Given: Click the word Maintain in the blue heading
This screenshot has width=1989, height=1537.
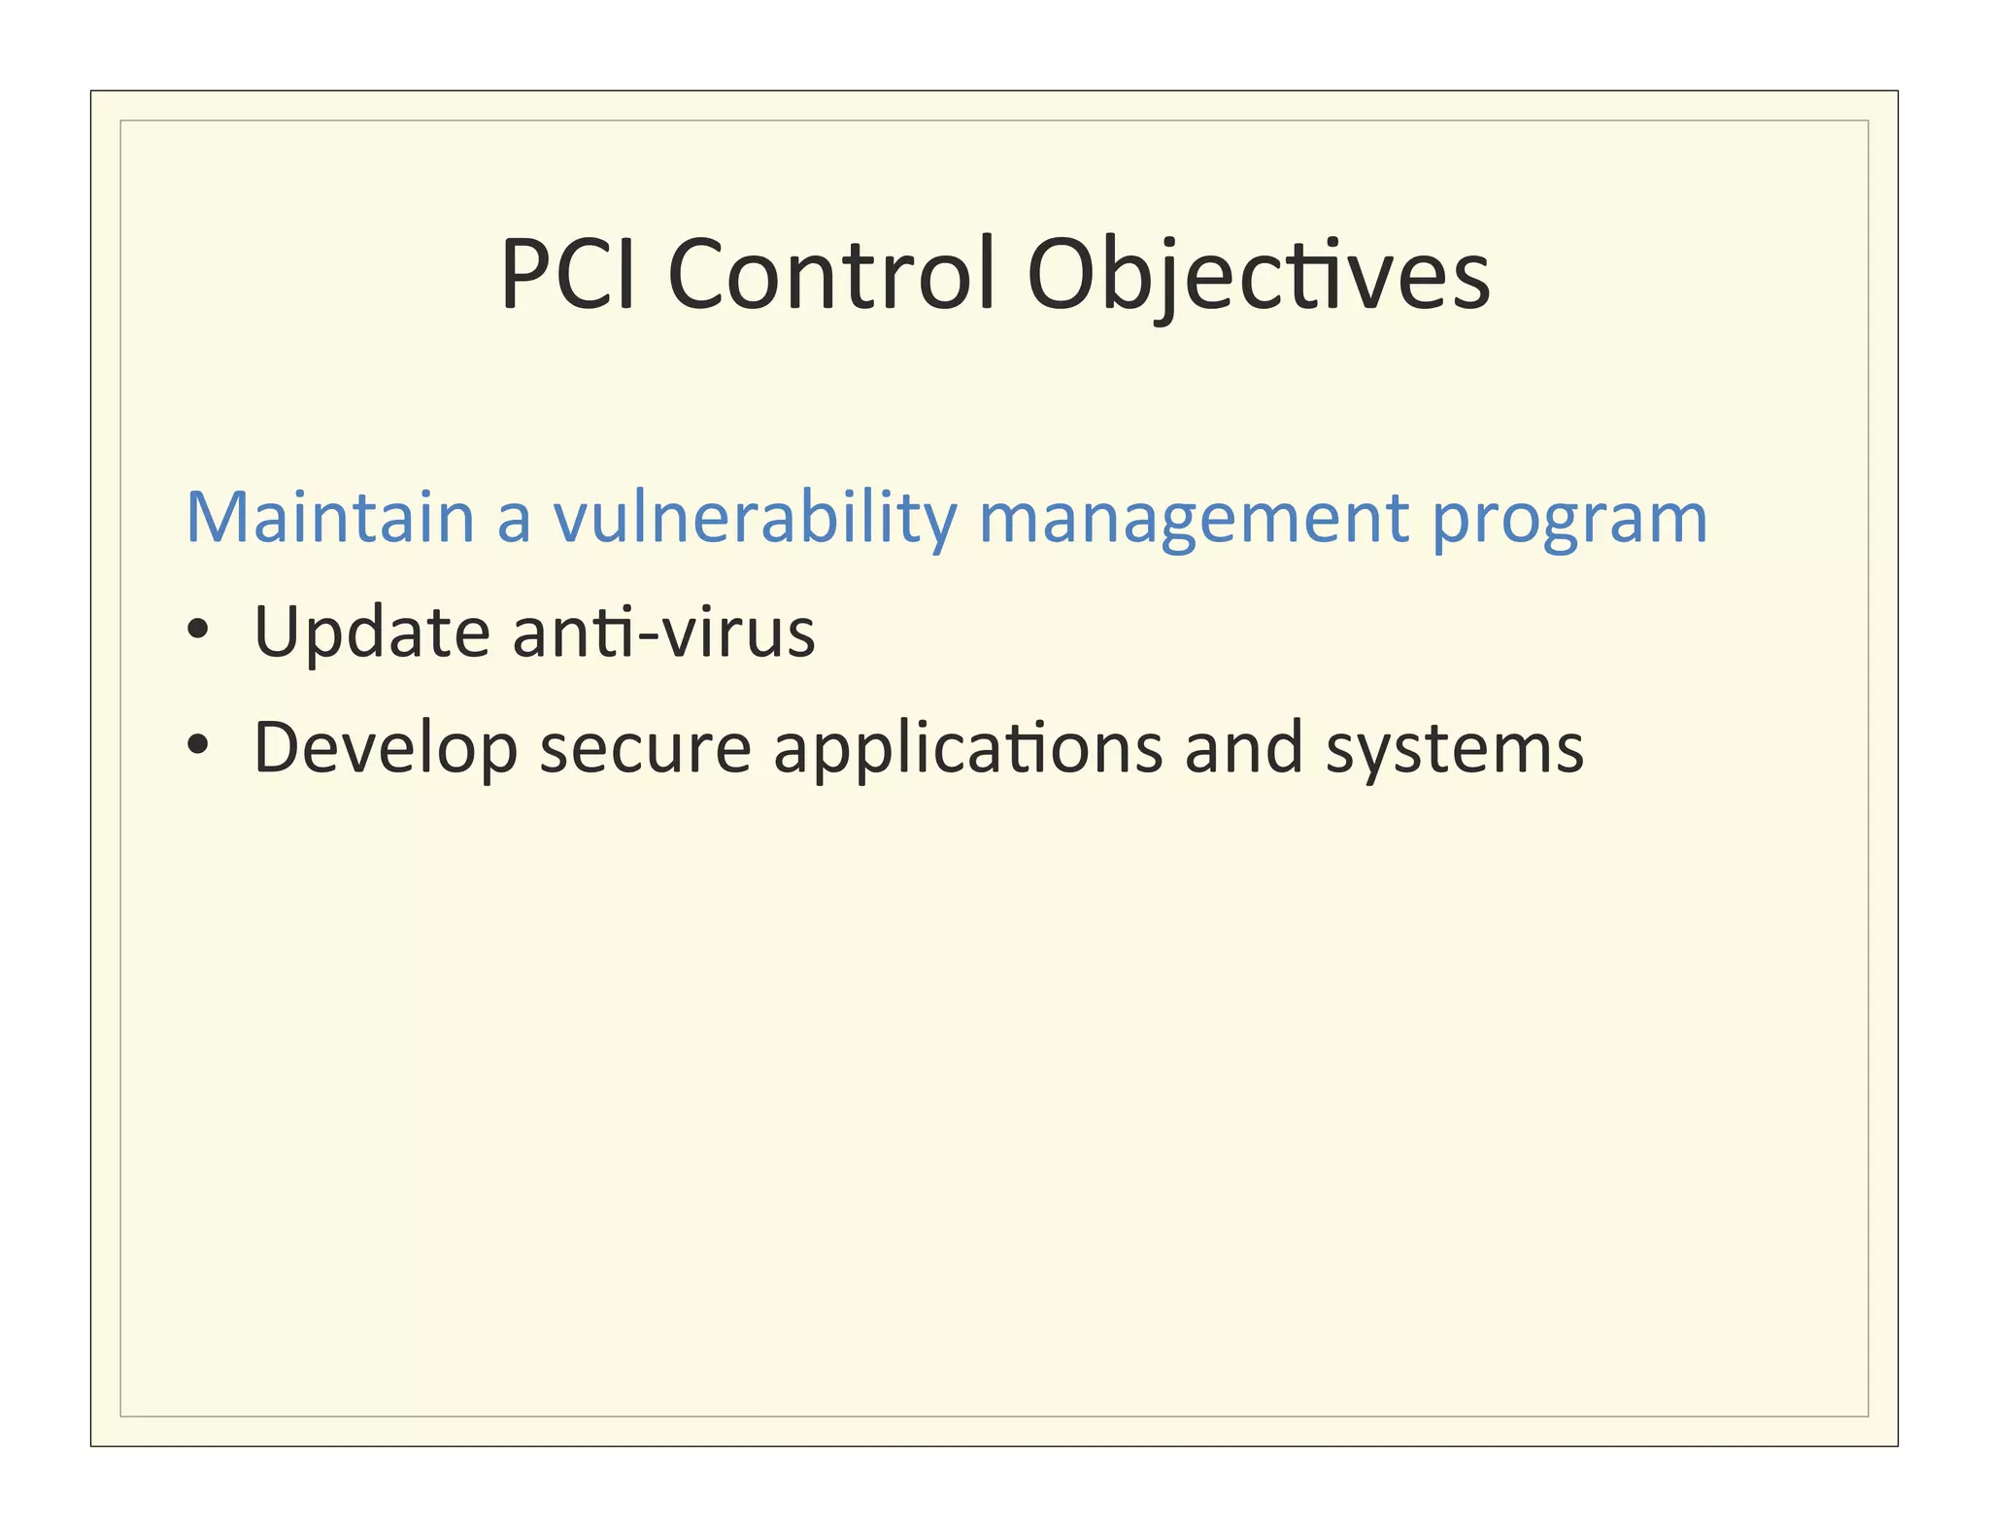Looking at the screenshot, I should (329, 517).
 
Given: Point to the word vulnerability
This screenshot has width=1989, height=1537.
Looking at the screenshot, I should (756, 517).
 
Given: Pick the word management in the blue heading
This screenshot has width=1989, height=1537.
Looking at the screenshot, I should (1194, 517).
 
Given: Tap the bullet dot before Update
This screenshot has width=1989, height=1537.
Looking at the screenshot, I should (198, 630).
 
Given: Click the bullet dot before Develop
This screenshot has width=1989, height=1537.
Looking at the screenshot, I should (198, 745).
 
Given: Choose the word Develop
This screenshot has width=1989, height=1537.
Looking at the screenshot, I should (386, 749).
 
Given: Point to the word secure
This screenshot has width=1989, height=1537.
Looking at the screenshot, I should (646, 749).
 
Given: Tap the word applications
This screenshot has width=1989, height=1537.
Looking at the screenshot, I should (967, 749).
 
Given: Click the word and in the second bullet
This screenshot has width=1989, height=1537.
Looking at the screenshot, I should (1244, 747).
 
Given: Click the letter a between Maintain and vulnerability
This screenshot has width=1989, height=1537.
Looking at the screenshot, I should (514, 521).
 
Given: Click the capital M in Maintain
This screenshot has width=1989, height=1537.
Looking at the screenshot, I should (216, 517).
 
